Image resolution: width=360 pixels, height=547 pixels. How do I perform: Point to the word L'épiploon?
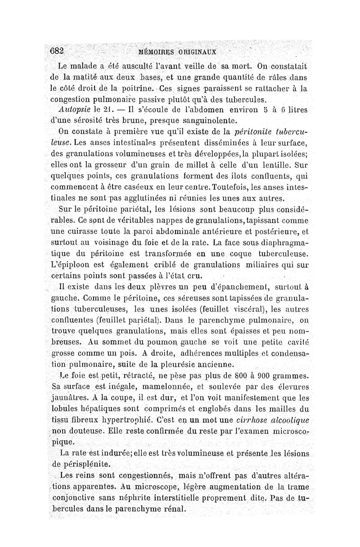pyautogui.click(x=75, y=265)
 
